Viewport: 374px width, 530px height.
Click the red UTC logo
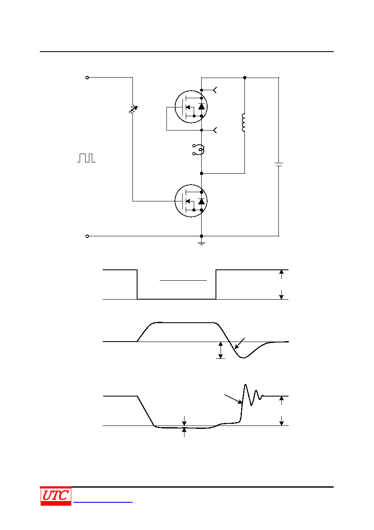point(56,496)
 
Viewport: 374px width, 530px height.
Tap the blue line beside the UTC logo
point(103,502)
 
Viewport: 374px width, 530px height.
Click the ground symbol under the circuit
point(201,243)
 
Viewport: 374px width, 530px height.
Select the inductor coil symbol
point(244,123)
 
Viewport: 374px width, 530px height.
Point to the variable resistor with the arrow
point(133,109)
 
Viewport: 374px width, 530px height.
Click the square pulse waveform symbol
point(86,158)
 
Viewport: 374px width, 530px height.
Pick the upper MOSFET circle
point(191,107)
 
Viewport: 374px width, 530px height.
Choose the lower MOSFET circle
point(191,201)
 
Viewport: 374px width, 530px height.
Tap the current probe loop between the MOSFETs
point(199,149)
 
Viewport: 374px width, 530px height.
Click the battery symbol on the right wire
point(279,164)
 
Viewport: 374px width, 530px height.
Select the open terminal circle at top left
point(87,78)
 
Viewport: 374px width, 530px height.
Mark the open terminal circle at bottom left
point(87,236)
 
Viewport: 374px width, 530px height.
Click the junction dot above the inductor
point(245,78)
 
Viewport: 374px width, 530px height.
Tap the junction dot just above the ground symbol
point(201,236)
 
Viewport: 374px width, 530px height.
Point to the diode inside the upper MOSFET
point(201,106)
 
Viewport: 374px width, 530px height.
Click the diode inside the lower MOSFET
point(201,201)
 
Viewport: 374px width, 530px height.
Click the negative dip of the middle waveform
point(244,358)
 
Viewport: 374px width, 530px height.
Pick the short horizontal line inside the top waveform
point(183,281)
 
